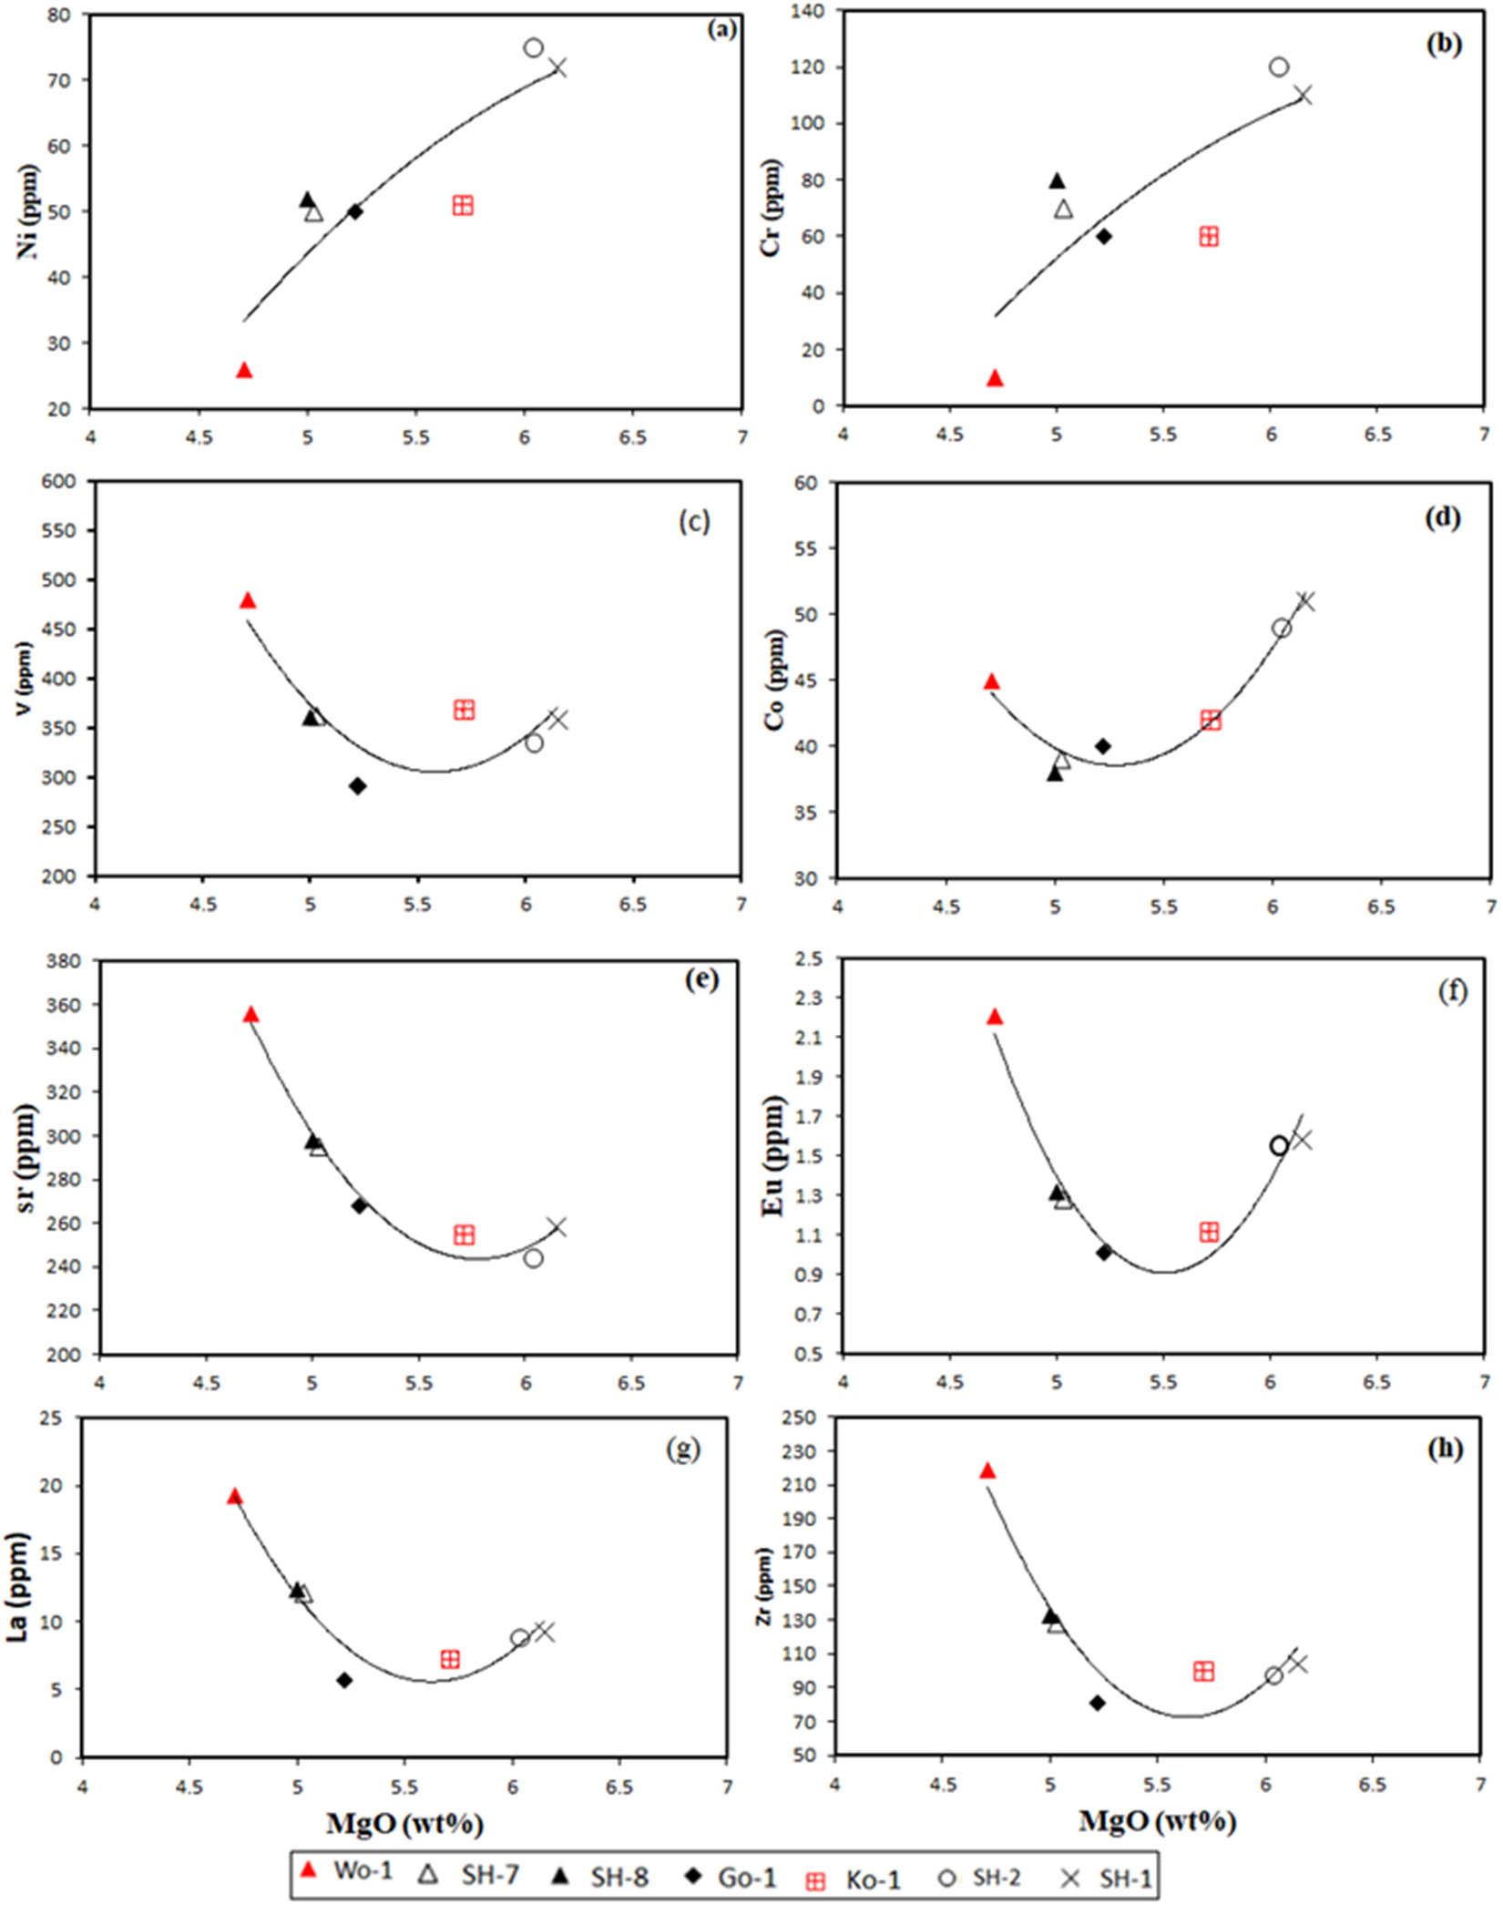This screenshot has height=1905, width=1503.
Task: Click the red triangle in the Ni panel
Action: [x=244, y=370]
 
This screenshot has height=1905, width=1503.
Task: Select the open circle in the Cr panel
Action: [x=1278, y=67]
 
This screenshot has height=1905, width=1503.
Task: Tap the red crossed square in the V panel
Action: [x=464, y=710]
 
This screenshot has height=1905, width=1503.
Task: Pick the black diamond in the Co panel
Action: [x=1103, y=746]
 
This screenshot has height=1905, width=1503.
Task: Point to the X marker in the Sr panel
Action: [x=557, y=1226]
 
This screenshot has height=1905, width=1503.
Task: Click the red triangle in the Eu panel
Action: [x=995, y=1017]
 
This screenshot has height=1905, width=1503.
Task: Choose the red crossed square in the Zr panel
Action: [x=1203, y=1671]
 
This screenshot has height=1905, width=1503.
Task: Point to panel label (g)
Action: [x=683, y=1449]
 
